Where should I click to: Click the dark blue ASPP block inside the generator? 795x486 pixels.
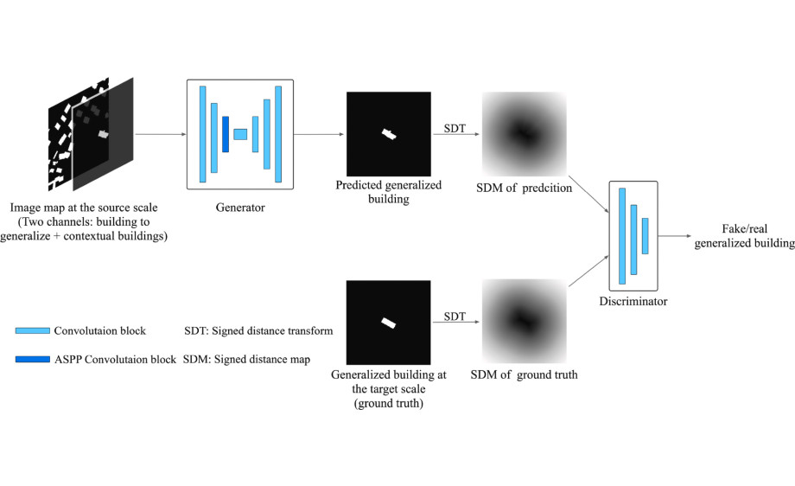(x=226, y=134)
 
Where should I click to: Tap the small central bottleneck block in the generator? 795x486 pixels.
(x=240, y=134)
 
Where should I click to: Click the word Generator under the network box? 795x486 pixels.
(x=240, y=207)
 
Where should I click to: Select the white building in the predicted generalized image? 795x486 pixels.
(x=389, y=134)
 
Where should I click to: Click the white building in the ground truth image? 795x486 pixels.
(x=388, y=323)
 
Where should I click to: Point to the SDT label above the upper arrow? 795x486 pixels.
(x=455, y=128)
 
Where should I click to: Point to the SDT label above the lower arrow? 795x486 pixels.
(x=455, y=317)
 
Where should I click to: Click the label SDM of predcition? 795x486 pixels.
(x=525, y=188)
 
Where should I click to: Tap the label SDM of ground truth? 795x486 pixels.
(x=525, y=375)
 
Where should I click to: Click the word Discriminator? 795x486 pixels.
(x=633, y=301)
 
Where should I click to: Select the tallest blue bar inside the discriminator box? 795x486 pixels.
(x=622, y=236)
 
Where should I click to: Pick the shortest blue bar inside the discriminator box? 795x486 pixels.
(x=645, y=236)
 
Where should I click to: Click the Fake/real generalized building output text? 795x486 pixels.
(x=744, y=236)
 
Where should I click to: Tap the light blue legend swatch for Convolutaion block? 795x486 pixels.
(x=33, y=330)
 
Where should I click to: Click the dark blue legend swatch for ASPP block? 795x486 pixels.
(x=33, y=359)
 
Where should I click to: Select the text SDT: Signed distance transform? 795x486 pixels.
(x=258, y=330)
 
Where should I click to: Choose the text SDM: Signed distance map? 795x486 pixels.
(x=246, y=359)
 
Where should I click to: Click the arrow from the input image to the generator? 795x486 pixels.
(x=161, y=134)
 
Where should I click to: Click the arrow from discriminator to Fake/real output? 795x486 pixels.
(x=675, y=236)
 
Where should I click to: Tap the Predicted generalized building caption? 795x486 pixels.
(x=388, y=192)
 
